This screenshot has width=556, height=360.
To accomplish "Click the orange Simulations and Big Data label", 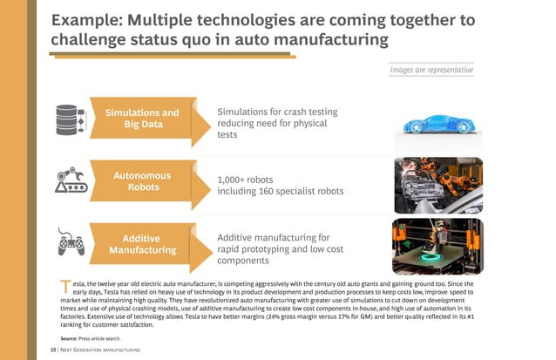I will (142, 119).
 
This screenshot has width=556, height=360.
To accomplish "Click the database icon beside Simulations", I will (70, 119).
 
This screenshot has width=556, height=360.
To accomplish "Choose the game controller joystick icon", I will (71, 241).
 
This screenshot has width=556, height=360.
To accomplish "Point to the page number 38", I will (52, 350).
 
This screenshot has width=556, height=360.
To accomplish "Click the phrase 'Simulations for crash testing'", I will (276, 112).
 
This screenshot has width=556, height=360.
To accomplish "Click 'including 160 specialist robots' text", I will (281, 193).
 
